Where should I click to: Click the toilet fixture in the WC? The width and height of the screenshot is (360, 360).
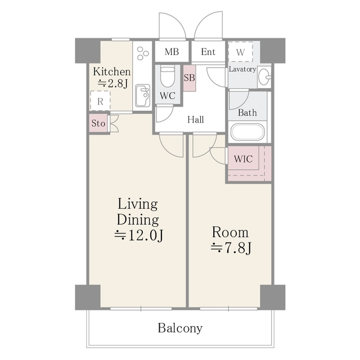(x=168, y=76)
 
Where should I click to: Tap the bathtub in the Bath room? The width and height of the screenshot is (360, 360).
(x=247, y=132)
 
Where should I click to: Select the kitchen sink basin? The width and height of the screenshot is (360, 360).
(x=142, y=96)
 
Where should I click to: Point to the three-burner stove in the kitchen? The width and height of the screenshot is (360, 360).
(x=143, y=53)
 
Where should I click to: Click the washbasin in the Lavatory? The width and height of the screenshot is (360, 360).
(x=264, y=76)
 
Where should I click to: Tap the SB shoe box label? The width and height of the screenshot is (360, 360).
(x=190, y=78)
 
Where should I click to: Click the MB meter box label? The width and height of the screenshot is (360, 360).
(x=172, y=52)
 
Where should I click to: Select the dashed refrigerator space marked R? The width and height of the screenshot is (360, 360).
(x=100, y=101)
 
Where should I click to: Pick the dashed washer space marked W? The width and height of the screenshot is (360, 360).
(x=240, y=52)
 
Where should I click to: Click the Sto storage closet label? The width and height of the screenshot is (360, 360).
(x=98, y=123)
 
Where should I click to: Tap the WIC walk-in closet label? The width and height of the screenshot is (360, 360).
(x=244, y=159)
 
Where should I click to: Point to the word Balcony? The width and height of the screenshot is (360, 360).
(x=180, y=328)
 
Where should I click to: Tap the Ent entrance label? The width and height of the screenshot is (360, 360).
(x=208, y=52)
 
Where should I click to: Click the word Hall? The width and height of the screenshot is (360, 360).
(x=196, y=120)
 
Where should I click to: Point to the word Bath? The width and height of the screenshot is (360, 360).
(x=247, y=112)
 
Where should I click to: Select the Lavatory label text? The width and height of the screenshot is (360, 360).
(x=242, y=69)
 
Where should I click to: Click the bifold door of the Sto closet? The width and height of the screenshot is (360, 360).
(x=114, y=124)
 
